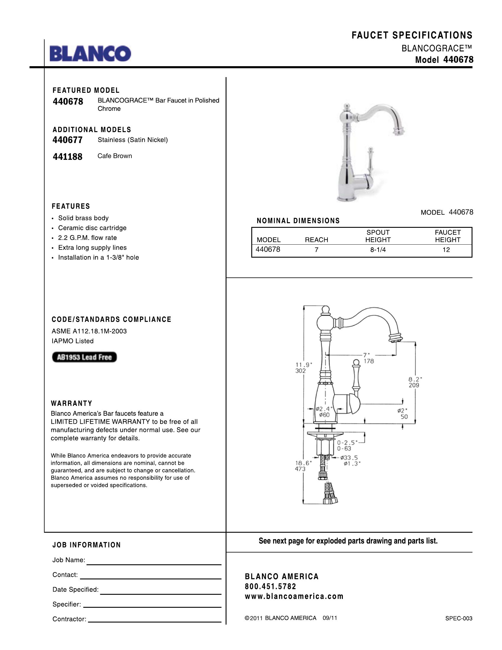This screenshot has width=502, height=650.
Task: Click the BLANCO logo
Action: pos(90,53)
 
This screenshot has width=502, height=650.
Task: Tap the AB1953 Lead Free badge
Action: pos(84,357)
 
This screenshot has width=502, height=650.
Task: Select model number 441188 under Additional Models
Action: pos(68,157)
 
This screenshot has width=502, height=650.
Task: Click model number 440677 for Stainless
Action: pos(68,140)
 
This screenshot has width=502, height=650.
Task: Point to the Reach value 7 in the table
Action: pos(317,250)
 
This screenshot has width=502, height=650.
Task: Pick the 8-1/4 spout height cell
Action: pos(378,250)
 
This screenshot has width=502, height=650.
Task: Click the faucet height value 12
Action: pos(446,250)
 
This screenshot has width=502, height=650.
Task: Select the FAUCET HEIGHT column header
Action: pos(448,236)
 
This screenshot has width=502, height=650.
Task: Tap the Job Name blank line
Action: pos(154,564)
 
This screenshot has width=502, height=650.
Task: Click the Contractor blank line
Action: pos(155,621)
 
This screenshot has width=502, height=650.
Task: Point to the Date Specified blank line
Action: pos(161,594)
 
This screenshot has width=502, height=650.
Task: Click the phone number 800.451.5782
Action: pos(270,586)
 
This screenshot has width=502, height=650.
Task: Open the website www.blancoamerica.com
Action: pos(294,596)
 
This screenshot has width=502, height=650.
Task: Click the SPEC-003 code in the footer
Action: pos(459,618)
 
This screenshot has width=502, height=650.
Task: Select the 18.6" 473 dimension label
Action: pos(300,466)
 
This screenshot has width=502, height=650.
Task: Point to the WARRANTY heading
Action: pos(72,404)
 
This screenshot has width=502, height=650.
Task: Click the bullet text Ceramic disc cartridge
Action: pos(92,228)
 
